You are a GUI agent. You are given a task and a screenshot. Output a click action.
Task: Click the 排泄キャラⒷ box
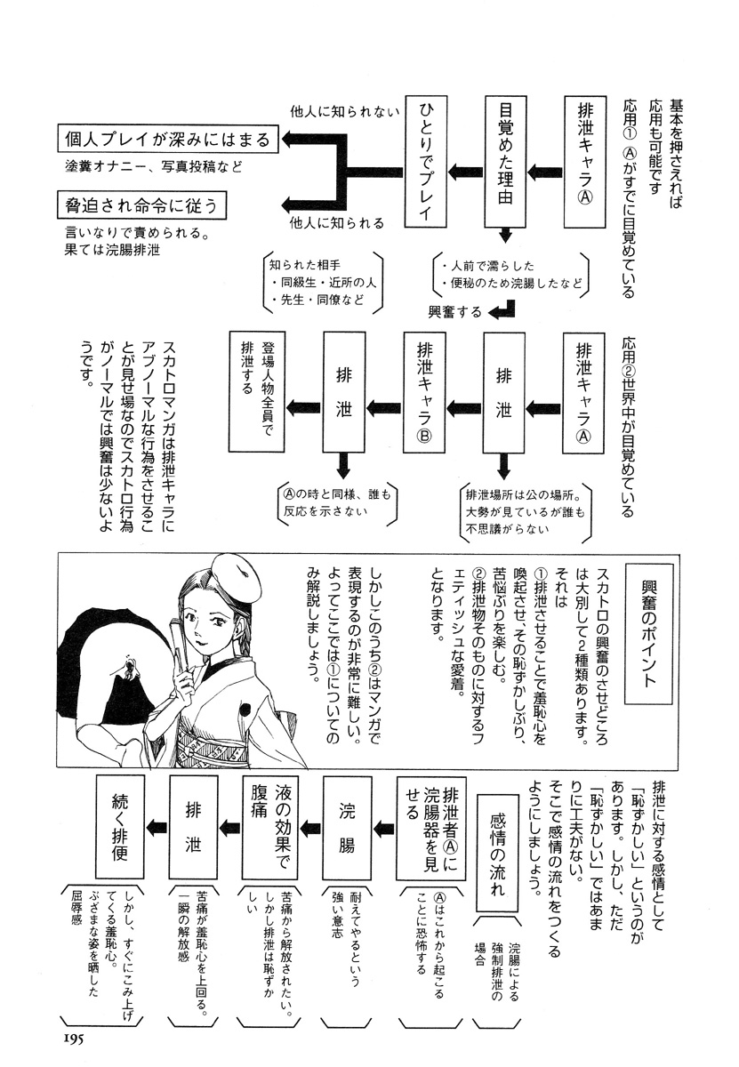click(x=423, y=391)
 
